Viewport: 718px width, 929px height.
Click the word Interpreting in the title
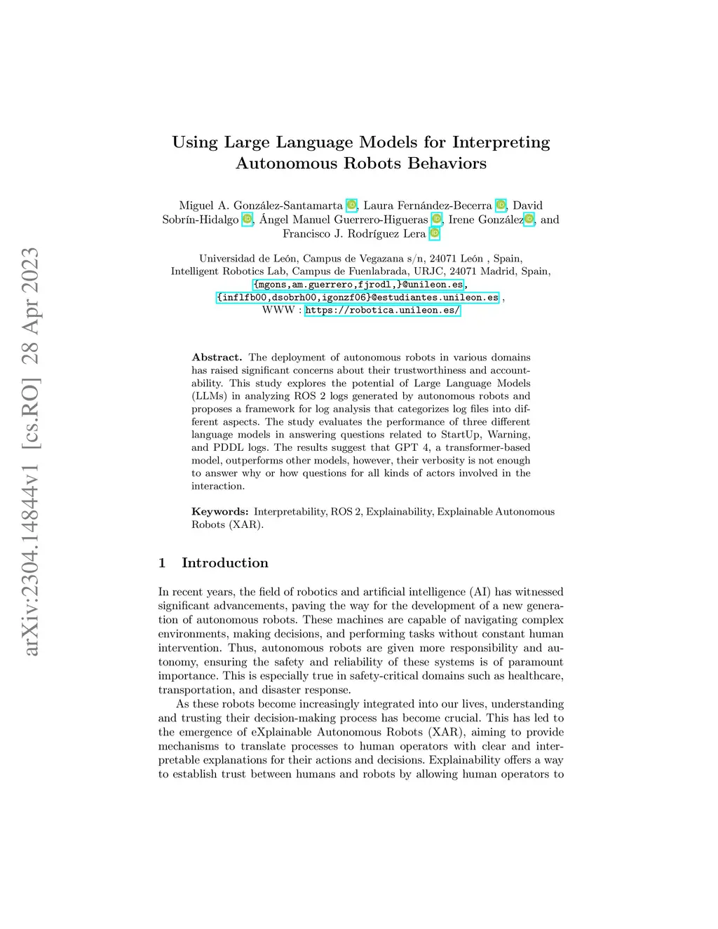[x=501, y=142]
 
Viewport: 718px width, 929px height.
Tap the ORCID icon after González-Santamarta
[x=351, y=205]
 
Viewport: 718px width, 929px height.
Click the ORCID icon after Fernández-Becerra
[x=501, y=205]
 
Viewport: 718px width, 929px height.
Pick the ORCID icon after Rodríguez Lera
[x=435, y=233]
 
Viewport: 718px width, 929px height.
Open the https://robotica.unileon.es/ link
[x=382, y=310]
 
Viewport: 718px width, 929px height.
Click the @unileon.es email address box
[x=358, y=285]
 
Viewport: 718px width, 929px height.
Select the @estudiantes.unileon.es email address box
[x=358, y=297]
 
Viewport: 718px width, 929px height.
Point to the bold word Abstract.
[x=217, y=357]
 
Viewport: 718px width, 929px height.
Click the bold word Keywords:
[x=219, y=512]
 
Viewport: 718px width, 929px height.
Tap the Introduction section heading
[x=224, y=563]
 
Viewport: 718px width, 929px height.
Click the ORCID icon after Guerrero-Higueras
[x=436, y=219]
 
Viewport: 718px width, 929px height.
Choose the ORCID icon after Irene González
[x=529, y=219]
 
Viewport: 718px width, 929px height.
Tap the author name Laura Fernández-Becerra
[x=427, y=205]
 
